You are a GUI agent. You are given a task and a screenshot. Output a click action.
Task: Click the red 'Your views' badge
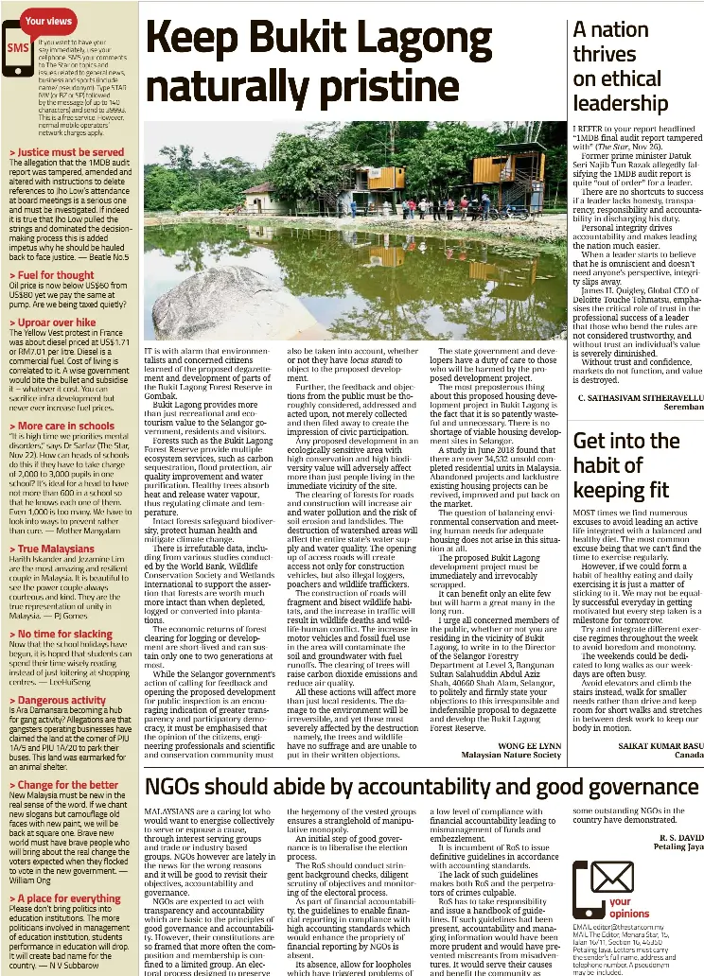pyautogui.click(x=47, y=19)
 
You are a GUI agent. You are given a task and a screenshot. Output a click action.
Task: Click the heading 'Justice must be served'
pyautogui.click(x=70, y=151)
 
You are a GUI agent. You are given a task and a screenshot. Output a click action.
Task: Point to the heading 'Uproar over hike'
pyautogui.click(x=55, y=322)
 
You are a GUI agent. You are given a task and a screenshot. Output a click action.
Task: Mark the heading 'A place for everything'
pyautogui.click(x=68, y=898)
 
